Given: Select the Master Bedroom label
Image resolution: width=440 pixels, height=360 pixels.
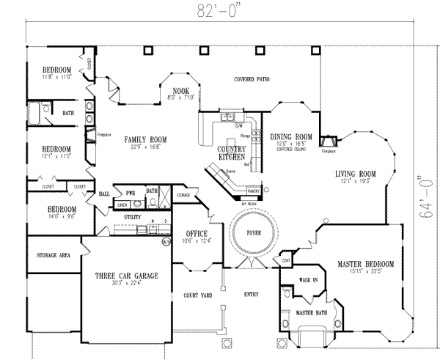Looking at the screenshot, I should (x=366, y=263).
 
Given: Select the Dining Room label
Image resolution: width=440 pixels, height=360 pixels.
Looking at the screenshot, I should (x=291, y=136).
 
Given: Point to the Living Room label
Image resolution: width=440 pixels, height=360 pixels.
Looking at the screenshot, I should (x=356, y=174).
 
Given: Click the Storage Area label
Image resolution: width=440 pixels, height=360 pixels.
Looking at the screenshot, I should (x=53, y=255).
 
